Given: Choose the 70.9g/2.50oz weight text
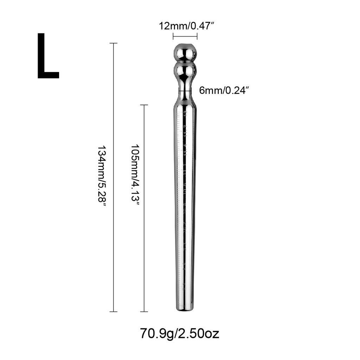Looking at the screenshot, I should pos(180,333).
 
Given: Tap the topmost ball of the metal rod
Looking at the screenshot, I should pos(185,52).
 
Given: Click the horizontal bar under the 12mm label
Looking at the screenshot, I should pos(185,36).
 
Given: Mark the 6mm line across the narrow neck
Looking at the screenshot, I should pos(185,91).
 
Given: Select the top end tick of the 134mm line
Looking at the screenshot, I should pos(113,43).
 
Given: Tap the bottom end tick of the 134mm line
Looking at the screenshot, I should pos(113,311).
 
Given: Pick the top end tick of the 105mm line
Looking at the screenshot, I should pos(144,105).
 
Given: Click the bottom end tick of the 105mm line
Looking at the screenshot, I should pos(144,311).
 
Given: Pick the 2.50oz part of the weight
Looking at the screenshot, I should pos(200,333).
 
